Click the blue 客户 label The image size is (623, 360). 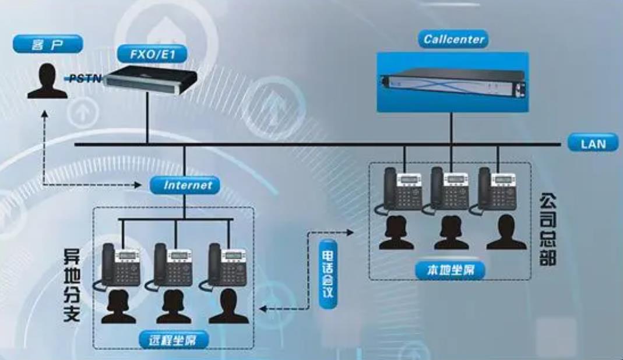(x=48, y=44)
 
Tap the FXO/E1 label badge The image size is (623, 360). (x=152, y=54)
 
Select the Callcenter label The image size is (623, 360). (x=453, y=39)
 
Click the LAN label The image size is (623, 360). (x=593, y=143)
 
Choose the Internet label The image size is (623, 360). (x=185, y=185)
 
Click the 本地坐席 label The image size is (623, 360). (x=450, y=271)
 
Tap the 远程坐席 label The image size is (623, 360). (x=173, y=340)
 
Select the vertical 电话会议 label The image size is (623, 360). (x=328, y=274)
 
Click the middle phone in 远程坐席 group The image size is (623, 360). (x=170, y=266)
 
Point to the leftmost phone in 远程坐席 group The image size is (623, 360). (x=117, y=266)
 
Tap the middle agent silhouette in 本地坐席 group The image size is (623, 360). (x=452, y=232)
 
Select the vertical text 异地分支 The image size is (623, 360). (x=72, y=285)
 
